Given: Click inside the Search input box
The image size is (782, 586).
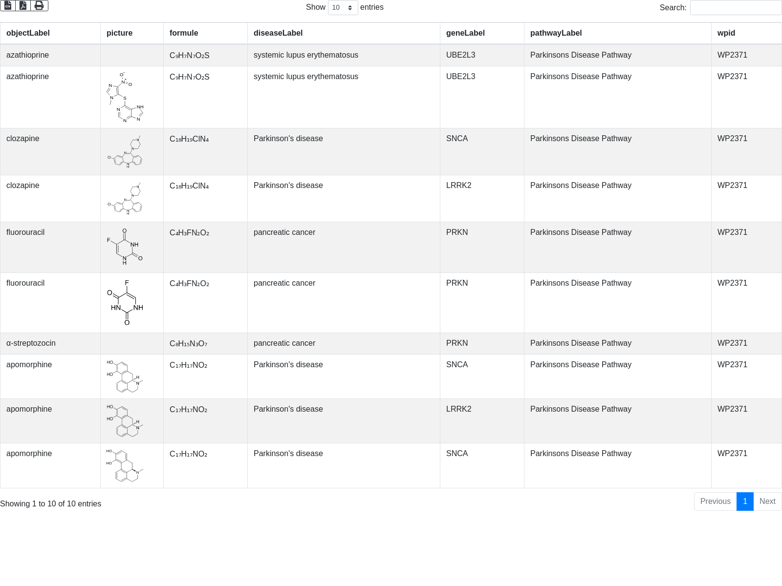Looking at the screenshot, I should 735,8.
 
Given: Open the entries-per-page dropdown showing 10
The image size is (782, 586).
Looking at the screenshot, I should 343,8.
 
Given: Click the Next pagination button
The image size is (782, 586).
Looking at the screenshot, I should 767,502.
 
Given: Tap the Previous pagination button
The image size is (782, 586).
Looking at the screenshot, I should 715,502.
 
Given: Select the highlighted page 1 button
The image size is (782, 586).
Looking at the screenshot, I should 745,502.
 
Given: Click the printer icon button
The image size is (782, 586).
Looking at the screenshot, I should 39,5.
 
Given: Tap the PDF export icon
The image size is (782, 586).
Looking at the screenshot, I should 23,5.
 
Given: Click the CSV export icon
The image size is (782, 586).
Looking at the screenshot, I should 8,5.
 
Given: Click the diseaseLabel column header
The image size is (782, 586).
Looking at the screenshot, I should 278,33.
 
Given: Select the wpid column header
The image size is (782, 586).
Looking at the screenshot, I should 726,33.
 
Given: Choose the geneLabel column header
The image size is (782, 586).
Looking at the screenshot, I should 465,33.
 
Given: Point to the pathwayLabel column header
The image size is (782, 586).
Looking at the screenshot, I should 556,33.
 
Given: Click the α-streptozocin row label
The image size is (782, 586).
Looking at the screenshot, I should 31,343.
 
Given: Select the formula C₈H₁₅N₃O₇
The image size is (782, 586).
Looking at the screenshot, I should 188,344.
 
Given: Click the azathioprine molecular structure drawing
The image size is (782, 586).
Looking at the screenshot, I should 125,97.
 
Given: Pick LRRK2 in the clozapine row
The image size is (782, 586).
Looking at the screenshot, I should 458,186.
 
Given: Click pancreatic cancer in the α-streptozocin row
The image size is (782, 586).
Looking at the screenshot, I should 284,343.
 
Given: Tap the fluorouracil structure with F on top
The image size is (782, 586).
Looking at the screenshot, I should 125,303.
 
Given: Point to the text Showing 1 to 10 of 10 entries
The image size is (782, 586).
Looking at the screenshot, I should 50,504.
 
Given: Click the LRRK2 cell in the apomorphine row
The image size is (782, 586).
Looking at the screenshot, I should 458,409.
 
